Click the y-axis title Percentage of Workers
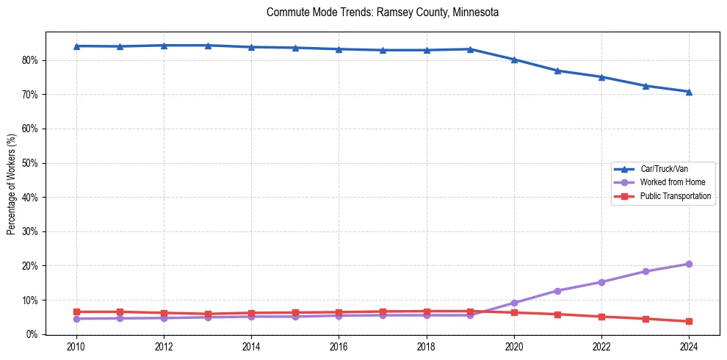pyautogui.click(x=11, y=184)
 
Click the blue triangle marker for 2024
pyautogui.click(x=689, y=92)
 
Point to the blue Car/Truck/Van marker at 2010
pyautogui.click(x=76, y=46)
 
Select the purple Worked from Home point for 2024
pyautogui.click(x=689, y=264)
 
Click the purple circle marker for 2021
pyautogui.click(x=557, y=291)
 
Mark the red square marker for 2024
pyautogui.click(x=689, y=322)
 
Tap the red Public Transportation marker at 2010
pyautogui.click(x=76, y=312)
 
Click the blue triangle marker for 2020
pyautogui.click(x=514, y=60)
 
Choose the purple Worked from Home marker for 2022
pyautogui.click(x=601, y=282)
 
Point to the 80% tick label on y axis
pyautogui.click(x=31, y=60)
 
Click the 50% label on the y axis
pyautogui.click(x=31, y=163)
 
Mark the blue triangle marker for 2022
pyautogui.click(x=601, y=77)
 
